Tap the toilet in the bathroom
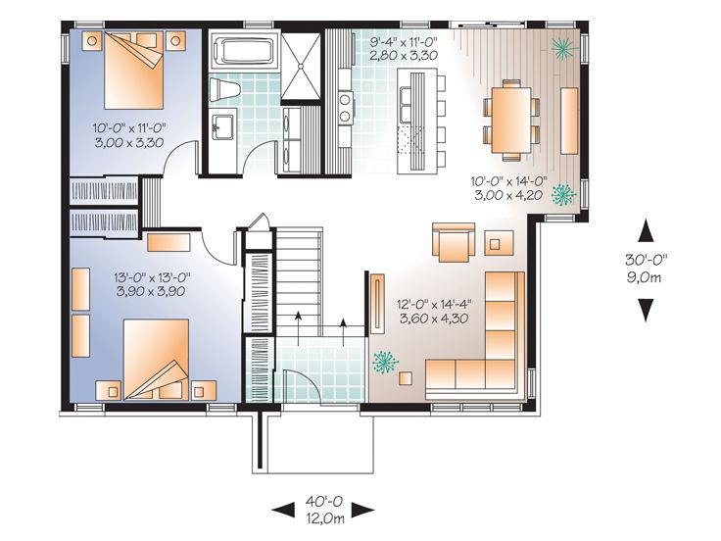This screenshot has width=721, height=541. [x=226, y=91]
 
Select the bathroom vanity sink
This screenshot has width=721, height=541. [x=222, y=125]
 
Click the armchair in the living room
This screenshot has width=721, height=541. [x=454, y=243]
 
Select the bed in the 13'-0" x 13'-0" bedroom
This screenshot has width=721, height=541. [x=157, y=358]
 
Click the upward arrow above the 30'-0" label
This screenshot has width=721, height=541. [x=646, y=231]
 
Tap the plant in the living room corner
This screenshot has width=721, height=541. [x=382, y=365]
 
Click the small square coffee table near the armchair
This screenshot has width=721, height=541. [x=499, y=241]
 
